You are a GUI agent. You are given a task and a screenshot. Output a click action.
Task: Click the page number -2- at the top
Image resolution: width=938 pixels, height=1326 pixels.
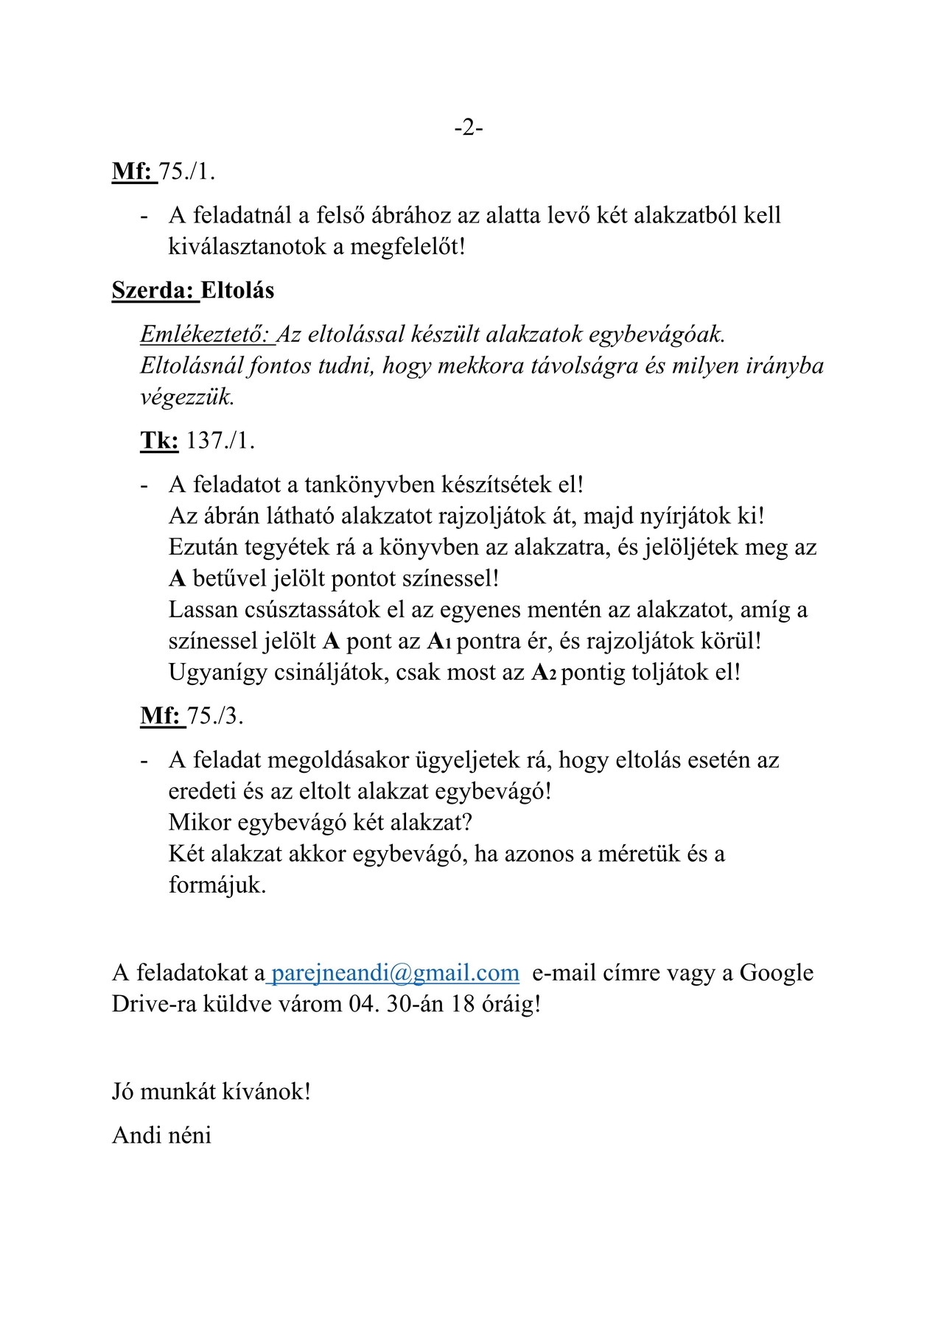pyautogui.click(x=469, y=128)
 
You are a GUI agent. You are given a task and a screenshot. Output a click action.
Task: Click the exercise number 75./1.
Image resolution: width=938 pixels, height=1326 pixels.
pyautogui.click(x=187, y=172)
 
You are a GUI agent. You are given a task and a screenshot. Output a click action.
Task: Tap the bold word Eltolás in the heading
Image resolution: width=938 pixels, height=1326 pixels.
pyautogui.click(x=237, y=290)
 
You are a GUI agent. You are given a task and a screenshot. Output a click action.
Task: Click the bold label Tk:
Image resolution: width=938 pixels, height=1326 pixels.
pyautogui.click(x=159, y=441)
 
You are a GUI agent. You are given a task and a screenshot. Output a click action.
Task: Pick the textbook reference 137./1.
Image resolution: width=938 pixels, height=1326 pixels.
pyautogui.click(x=220, y=441)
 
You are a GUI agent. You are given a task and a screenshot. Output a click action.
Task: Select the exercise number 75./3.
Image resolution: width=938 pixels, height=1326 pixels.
pyautogui.click(x=214, y=715)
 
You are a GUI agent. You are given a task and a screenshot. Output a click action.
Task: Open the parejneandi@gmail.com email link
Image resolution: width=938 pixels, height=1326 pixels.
pyautogui.click(x=395, y=973)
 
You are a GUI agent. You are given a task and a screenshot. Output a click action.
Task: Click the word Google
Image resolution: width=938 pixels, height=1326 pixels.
pyautogui.click(x=776, y=973)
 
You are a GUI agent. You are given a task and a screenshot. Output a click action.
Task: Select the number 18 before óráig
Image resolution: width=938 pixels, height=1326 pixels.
pyautogui.click(x=462, y=1004)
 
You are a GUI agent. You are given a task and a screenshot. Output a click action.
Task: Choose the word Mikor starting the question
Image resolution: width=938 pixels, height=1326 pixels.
pyautogui.click(x=200, y=822)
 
